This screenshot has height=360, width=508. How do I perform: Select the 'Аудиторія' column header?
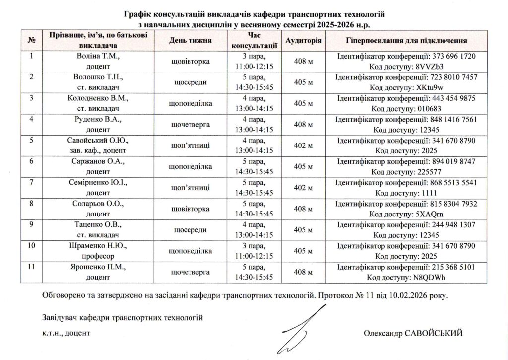coord(304,40)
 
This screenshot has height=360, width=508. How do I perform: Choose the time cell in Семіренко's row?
coord(254,188)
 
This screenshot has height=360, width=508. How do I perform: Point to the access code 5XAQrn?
coord(416,214)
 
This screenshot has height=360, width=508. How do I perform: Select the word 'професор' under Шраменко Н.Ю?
coord(98,256)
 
